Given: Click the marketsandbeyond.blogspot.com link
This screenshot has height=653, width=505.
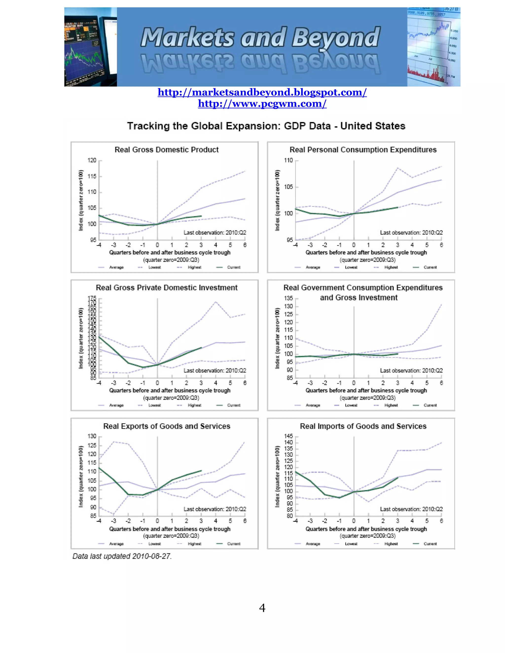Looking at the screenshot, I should [x=262, y=92].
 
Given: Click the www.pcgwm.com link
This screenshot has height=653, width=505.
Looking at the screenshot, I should [x=262, y=103].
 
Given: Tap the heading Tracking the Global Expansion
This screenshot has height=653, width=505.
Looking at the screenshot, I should [x=266, y=126].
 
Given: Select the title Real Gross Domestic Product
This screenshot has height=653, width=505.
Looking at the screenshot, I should [x=166, y=150].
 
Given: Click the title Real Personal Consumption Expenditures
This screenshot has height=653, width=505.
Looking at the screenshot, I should [x=363, y=150].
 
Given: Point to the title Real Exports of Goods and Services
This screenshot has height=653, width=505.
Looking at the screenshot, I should [x=167, y=426].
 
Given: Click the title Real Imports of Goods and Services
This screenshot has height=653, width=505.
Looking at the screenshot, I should [x=363, y=426].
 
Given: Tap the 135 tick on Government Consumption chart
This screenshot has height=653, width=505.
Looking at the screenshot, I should [x=289, y=298].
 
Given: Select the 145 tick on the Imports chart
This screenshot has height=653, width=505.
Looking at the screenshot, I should [x=289, y=436].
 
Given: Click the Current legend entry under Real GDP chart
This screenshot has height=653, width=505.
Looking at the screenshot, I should [x=233, y=267].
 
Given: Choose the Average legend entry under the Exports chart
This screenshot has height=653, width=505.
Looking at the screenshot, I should [x=116, y=544].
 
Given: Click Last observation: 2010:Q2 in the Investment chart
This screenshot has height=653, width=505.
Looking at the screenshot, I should [x=215, y=370].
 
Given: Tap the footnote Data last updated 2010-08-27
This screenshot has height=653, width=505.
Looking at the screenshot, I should [x=122, y=556].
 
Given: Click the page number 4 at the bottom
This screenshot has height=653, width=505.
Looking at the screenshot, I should [x=262, y=608].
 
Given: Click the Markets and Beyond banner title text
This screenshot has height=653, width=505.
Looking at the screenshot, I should [x=260, y=37].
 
